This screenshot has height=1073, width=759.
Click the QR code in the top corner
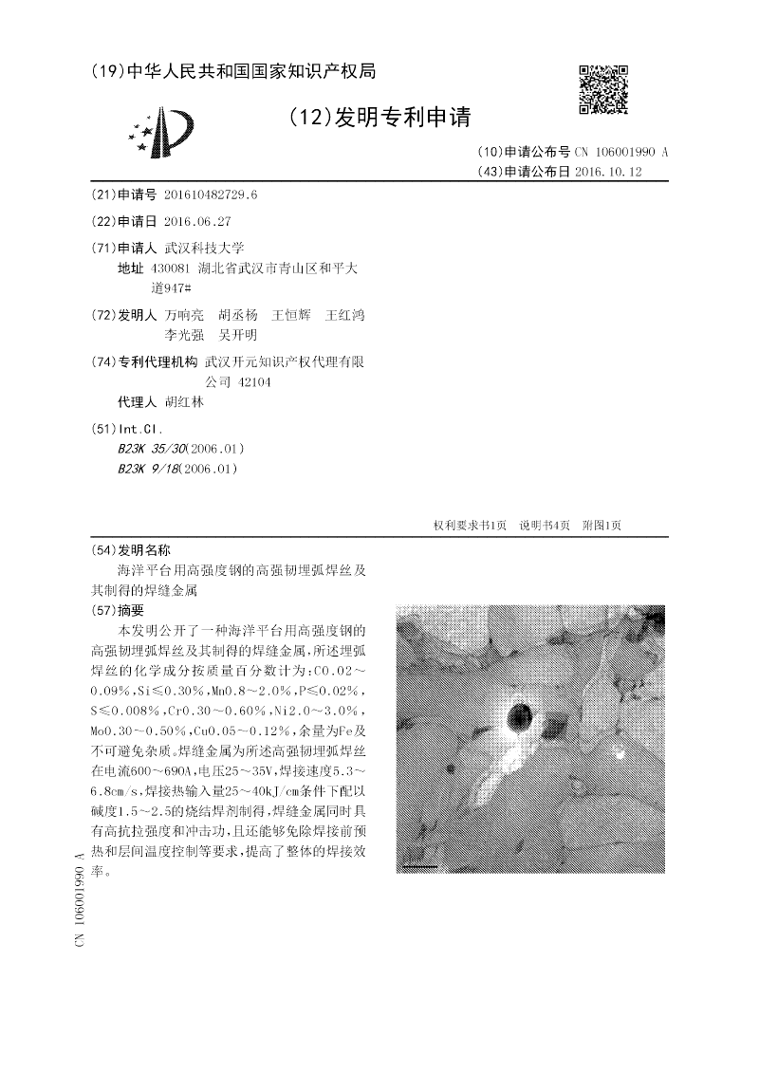click(x=603, y=89)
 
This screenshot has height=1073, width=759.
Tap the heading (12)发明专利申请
click(x=379, y=117)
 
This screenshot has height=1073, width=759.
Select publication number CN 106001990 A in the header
click(x=621, y=152)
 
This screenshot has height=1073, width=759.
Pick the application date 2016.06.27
click(x=197, y=221)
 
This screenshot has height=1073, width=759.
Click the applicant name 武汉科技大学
click(x=204, y=248)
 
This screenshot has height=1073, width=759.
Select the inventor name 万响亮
click(x=184, y=314)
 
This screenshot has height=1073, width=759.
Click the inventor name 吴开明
click(x=237, y=335)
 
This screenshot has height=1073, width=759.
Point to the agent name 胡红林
click(x=184, y=401)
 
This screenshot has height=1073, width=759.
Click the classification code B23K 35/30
click(x=152, y=448)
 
